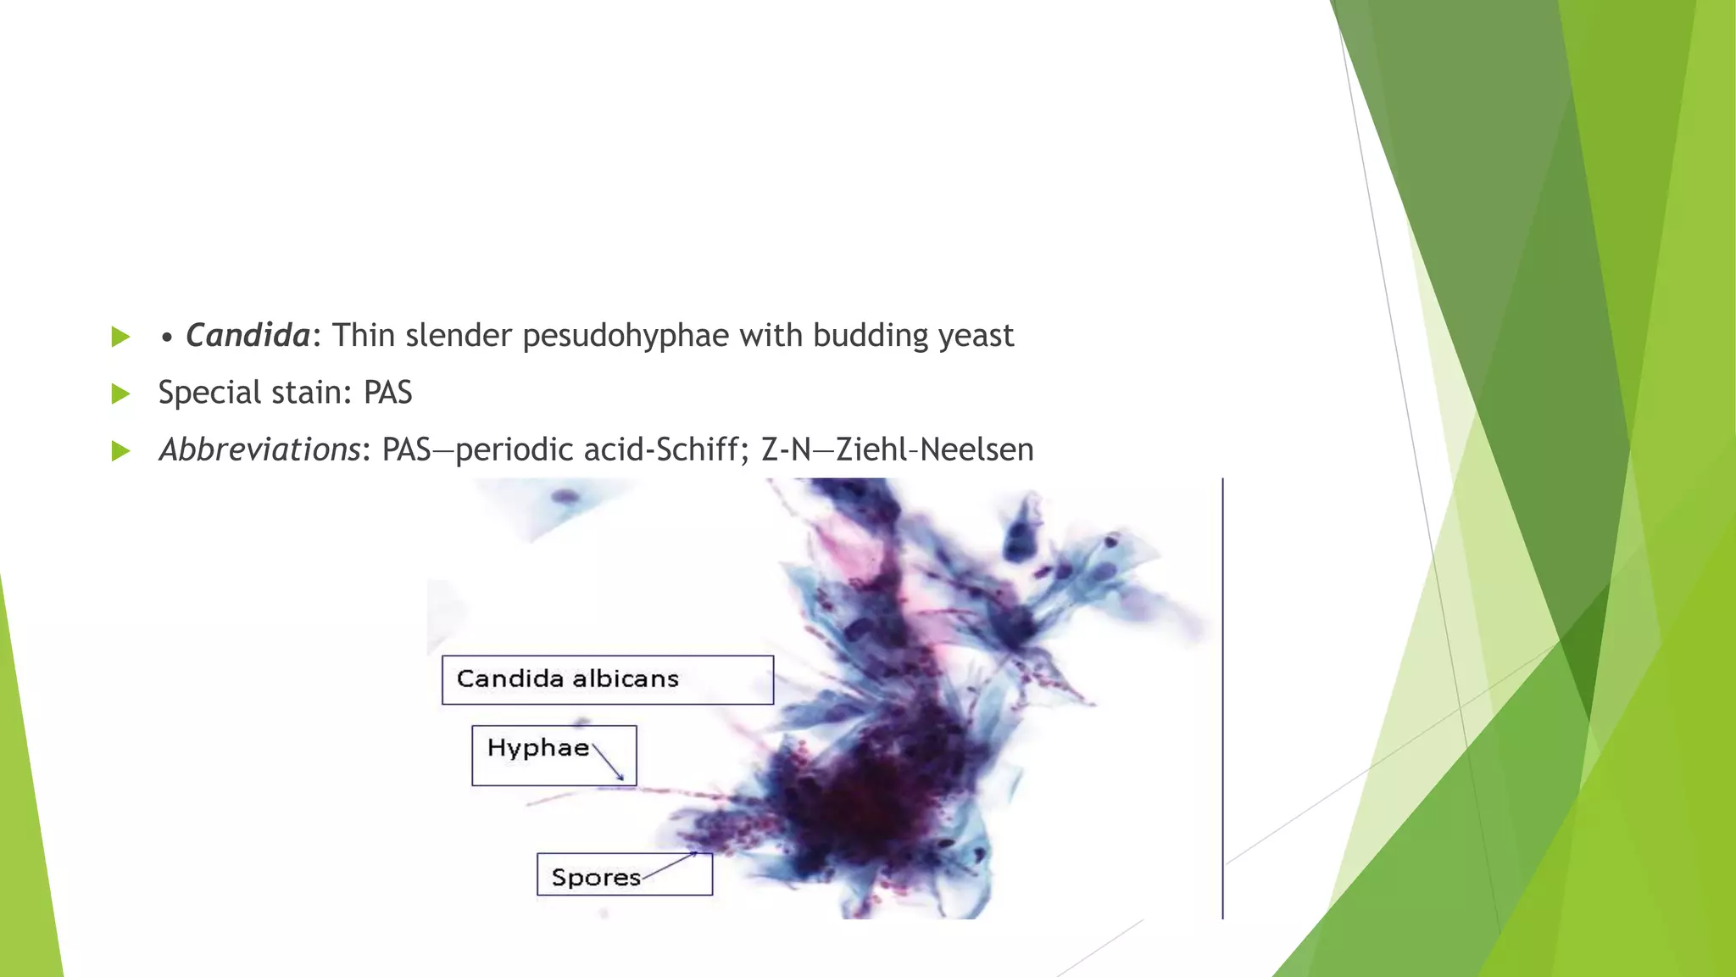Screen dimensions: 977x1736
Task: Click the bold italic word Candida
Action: click(x=248, y=336)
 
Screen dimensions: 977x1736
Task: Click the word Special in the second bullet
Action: click(x=209, y=393)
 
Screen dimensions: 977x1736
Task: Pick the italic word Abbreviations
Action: click(x=260, y=449)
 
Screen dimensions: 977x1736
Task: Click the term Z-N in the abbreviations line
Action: click(x=786, y=449)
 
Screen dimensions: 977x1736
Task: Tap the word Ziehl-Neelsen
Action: click(x=935, y=449)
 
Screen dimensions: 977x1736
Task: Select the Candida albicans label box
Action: click(x=607, y=679)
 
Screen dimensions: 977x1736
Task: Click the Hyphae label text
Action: click(x=537, y=748)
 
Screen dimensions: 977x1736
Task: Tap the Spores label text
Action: click(x=595, y=877)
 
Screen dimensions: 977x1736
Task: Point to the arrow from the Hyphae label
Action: click(x=609, y=762)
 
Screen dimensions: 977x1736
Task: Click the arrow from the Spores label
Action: click(x=670, y=865)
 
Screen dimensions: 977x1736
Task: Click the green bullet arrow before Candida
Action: click(x=120, y=337)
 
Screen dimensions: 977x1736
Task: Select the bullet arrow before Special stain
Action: click(x=120, y=394)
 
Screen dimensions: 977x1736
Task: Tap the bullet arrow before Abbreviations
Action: click(x=120, y=450)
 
